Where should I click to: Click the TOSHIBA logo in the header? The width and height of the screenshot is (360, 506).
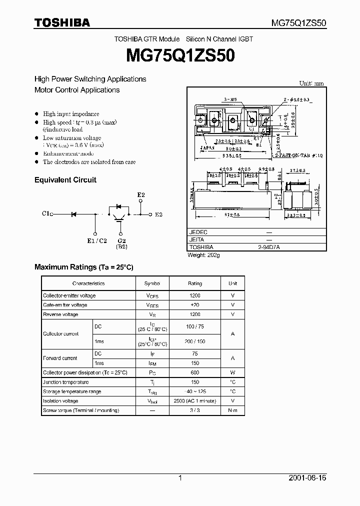(62, 22)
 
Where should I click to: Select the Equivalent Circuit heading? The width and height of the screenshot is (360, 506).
(65, 180)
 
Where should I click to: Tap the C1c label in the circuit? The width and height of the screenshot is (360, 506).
(47, 213)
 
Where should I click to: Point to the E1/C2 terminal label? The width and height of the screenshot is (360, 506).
(96, 241)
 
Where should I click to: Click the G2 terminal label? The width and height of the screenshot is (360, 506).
(121, 241)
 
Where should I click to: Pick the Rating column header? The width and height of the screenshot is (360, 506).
(195, 283)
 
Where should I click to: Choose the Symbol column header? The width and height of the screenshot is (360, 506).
(152, 283)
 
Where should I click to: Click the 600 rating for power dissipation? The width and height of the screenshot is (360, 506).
(195, 372)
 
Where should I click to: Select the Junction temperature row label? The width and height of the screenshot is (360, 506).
(66, 382)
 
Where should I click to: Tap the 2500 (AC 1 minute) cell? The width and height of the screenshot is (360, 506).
(195, 401)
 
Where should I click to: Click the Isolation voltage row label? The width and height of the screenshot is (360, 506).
(60, 401)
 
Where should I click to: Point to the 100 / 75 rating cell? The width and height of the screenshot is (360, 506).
(195, 326)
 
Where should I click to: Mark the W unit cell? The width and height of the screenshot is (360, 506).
(233, 372)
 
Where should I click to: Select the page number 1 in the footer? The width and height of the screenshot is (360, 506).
(180, 478)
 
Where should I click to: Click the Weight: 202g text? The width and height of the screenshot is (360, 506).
(203, 255)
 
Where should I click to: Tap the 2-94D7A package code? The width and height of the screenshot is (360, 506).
(269, 247)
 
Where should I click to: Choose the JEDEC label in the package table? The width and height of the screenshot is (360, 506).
(198, 232)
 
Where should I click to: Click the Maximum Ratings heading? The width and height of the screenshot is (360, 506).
(83, 267)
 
